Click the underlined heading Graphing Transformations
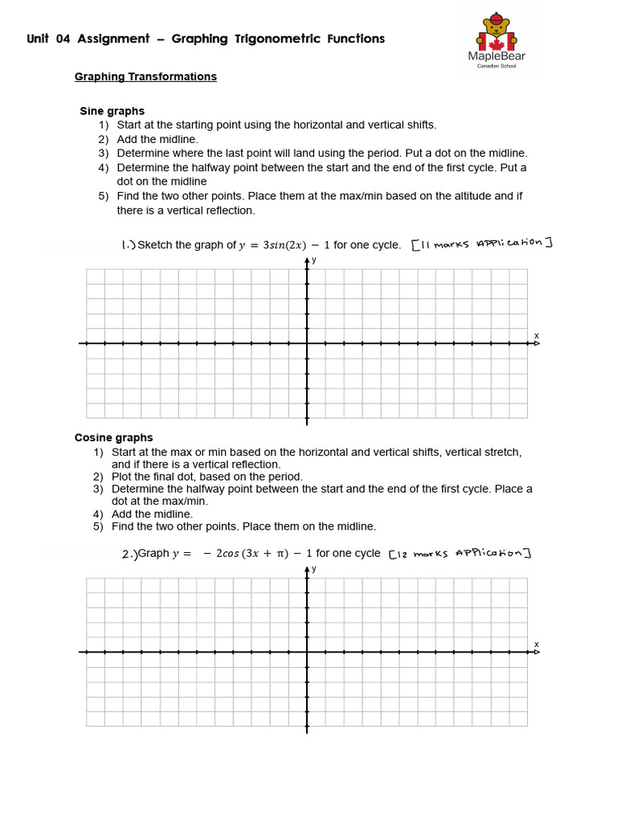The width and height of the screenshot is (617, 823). pos(145,77)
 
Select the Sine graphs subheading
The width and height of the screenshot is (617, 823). pos(112,111)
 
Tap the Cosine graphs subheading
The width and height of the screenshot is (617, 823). pos(113,438)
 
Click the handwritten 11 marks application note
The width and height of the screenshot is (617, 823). pos(482,244)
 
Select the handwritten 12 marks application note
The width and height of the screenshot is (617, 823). pos(460,553)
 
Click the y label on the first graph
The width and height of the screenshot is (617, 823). pos(314,260)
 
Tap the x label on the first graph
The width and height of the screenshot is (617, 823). pos(536,335)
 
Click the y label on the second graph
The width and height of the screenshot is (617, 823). pos(314,569)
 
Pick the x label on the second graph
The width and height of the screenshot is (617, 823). pos(536,645)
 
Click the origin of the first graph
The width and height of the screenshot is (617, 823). pos(306,343)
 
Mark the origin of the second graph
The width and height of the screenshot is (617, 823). pos(306,652)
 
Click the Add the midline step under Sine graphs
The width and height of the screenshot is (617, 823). pos(157,139)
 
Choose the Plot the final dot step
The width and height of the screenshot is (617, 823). pos(207,477)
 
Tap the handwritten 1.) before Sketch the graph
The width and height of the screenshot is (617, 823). pos(127,245)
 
